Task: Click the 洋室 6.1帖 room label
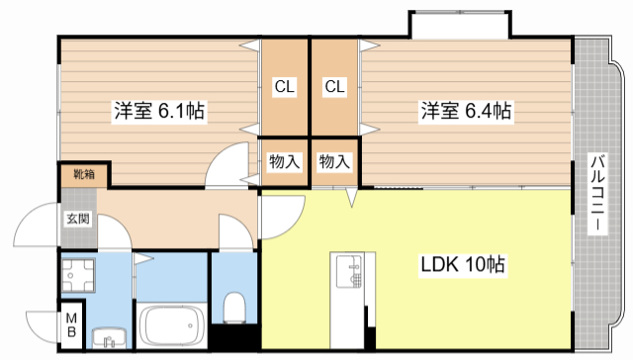point(157,112)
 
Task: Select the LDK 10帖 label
point(465,265)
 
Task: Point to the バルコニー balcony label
point(599,193)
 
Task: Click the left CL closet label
point(285,87)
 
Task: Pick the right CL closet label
point(335,87)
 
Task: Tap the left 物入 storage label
point(285,160)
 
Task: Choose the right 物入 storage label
point(334,160)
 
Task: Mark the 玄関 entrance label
point(78,219)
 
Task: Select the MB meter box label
point(72,326)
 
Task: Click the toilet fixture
point(235,308)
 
